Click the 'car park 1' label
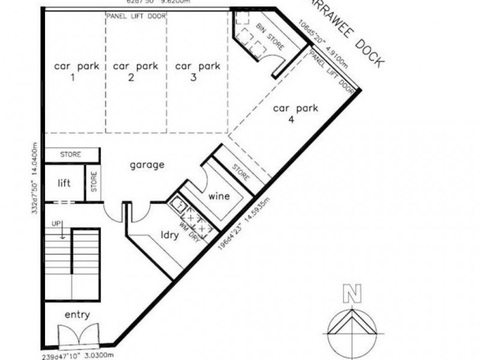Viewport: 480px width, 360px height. (x=72, y=72)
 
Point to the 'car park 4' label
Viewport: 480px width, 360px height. (x=295, y=115)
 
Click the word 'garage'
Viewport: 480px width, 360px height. (x=146, y=165)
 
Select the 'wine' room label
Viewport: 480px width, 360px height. (x=219, y=197)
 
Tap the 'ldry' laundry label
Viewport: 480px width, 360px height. (x=170, y=236)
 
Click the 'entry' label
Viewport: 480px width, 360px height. (x=77, y=315)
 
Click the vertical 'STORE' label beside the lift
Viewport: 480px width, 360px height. (x=94, y=182)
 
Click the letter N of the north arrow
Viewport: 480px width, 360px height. (x=351, y=294)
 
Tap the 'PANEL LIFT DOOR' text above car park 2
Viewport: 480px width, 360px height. (x=135, y=16)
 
